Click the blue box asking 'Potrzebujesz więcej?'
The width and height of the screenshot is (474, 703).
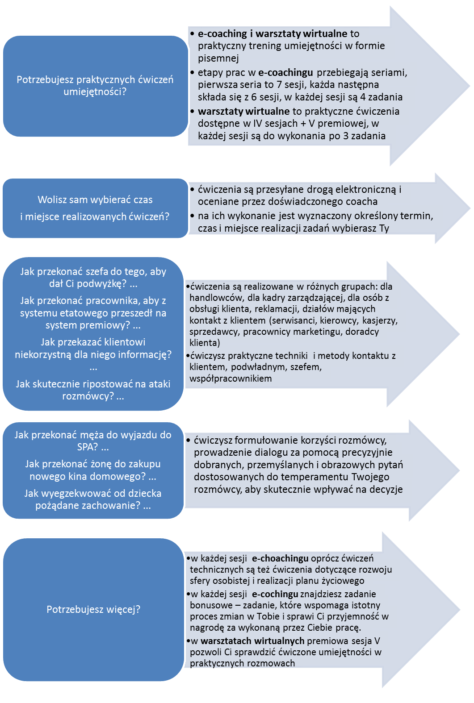93,609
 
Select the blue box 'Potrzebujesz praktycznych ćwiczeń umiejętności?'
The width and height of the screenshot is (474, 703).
96,86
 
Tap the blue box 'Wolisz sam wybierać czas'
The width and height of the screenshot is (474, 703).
95,208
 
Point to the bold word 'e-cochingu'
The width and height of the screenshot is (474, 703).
275,594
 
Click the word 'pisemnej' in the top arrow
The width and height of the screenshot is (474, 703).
218,58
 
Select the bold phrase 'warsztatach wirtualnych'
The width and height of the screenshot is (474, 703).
252,641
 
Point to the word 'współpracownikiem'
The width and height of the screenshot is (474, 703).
231,379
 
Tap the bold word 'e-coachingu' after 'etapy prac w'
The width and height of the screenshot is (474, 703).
285,72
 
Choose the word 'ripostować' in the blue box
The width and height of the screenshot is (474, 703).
108,384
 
